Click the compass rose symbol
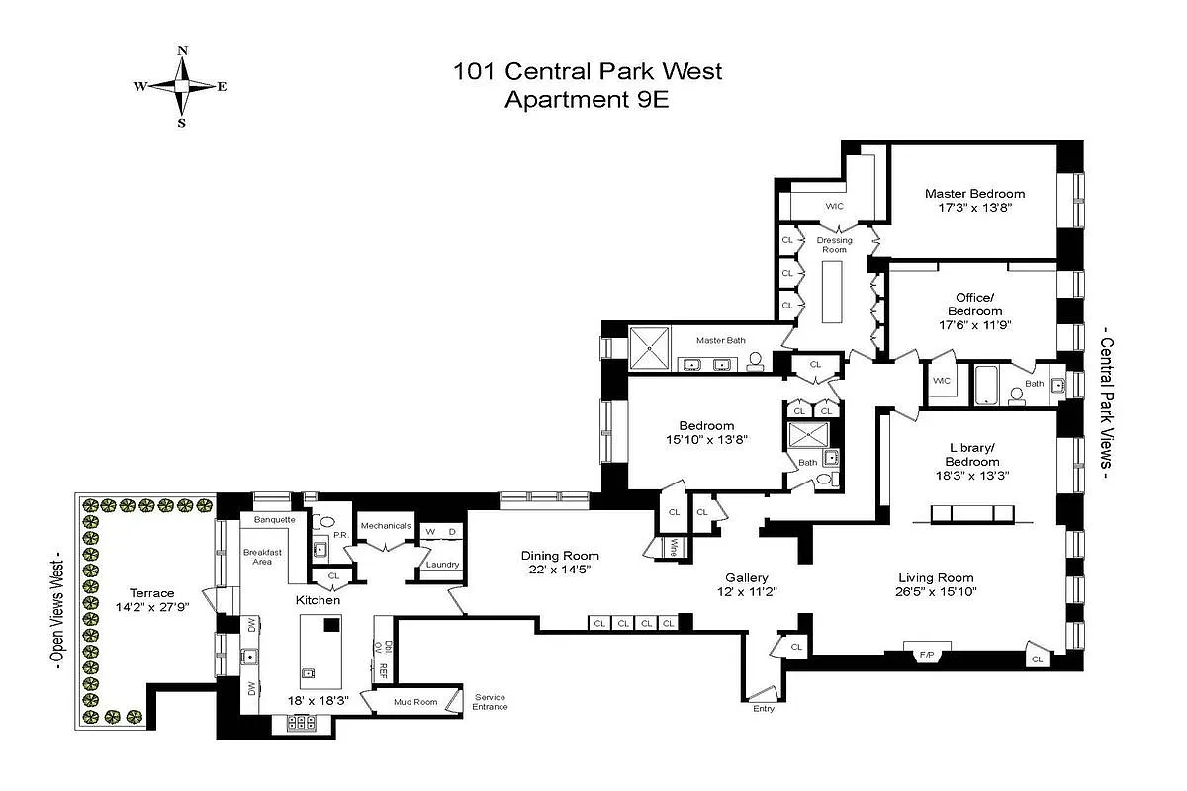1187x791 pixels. (x=181, y=87)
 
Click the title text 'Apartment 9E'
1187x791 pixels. (x=587, y=99)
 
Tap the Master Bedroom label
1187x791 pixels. (x=974, y=194)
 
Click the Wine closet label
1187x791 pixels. (x=672, y=547)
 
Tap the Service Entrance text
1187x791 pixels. (x=491, y=702)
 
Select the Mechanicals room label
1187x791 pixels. (x=386, y=525)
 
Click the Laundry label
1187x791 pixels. (x=442, y=565)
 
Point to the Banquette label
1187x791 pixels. (x=274, y=519)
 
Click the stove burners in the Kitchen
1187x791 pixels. (x=301, y=724)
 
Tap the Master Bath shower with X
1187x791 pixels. (x=650, y=348)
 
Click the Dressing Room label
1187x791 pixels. (x=834, y=245)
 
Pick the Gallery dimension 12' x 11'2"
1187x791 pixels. (x=747, y=592)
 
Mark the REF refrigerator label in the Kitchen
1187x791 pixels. (x=382, y=669)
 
